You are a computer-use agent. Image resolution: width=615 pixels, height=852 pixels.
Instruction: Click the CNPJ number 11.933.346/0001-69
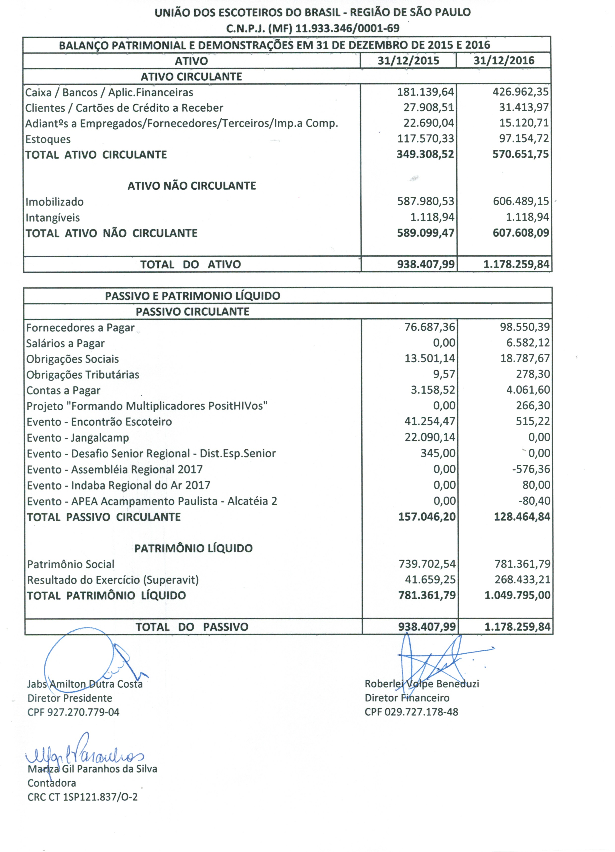pos(347,28)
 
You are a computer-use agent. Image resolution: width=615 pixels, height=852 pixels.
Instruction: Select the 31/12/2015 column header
pos(408,60)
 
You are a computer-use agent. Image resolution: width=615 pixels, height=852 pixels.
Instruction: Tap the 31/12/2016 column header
pos(504,60)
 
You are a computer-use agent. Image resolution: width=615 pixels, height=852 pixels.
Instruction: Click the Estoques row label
pos(48,139)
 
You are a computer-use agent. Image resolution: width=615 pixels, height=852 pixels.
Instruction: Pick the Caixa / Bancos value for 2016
pos(521,92)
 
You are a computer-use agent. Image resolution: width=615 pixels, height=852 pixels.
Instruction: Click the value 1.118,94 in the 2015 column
pos(432,217)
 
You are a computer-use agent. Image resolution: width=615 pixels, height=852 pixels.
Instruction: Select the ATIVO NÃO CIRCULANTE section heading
pos(192,186)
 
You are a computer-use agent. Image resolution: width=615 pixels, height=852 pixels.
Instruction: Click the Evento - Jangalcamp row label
pos(78,438)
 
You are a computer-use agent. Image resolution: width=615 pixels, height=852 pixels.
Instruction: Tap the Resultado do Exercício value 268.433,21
pos(522,579)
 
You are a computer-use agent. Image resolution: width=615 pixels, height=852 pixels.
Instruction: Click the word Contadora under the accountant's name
pos(52,783)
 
